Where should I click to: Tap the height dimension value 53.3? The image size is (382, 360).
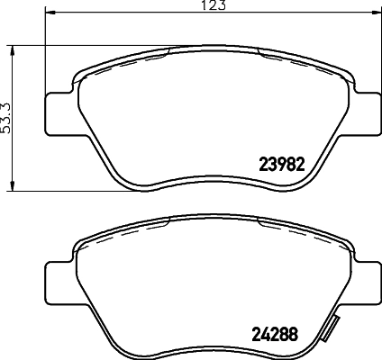coord(6,115)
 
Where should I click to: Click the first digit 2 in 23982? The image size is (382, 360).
coord(264,164)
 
